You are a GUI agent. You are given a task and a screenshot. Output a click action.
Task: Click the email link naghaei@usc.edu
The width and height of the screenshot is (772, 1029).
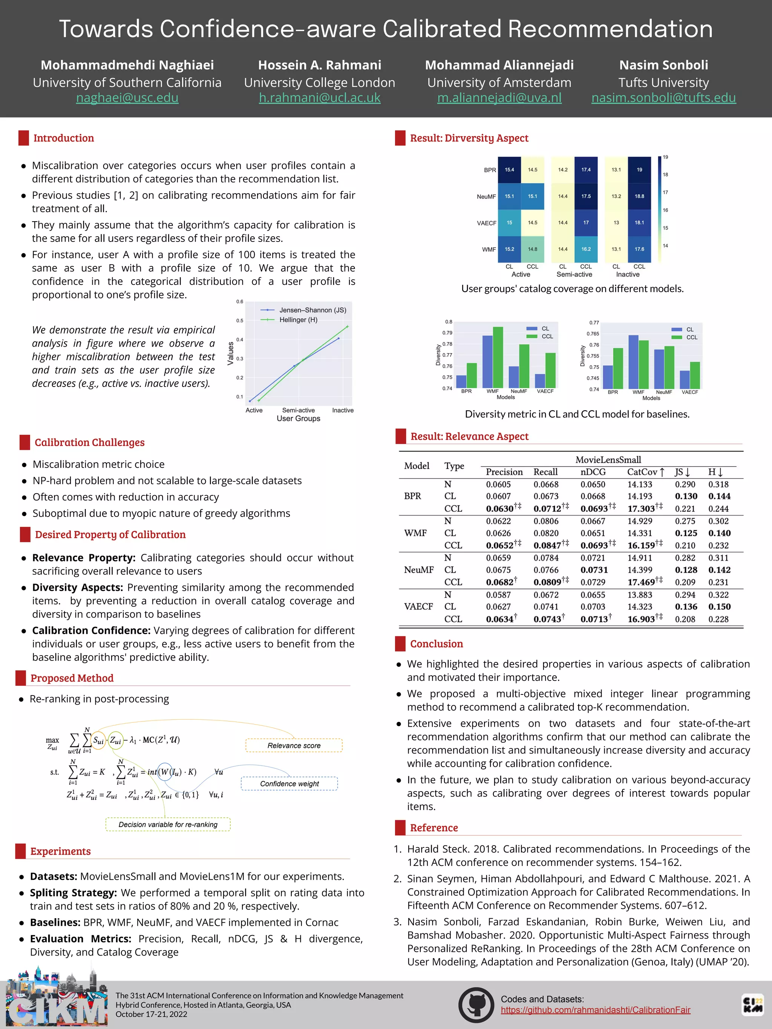click(127, 98)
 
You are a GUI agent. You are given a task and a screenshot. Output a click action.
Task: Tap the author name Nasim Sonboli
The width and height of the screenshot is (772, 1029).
click(663, 65)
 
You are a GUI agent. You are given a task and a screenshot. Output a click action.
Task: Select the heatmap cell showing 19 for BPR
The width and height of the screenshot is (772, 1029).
click(639, 170)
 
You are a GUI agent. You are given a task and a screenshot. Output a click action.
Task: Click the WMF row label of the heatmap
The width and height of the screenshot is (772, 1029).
click(489, 249)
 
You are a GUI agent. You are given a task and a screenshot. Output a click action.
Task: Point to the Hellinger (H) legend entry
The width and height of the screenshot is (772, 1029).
click(298, 320)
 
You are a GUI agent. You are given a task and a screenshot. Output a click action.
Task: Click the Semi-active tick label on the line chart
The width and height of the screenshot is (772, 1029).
click(298, 410)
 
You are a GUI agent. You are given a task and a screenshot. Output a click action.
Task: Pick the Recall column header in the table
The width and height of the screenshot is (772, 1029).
click(545, 472)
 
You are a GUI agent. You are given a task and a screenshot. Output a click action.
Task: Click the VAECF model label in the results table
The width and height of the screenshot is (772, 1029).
click(418, 606)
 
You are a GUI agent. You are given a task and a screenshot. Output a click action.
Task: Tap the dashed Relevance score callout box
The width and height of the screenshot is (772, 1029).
click(294, 745)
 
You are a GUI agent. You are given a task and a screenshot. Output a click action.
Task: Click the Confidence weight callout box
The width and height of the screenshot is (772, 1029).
click(289, 783)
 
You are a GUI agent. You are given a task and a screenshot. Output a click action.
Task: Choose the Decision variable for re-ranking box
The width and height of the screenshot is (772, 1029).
click(168, 824)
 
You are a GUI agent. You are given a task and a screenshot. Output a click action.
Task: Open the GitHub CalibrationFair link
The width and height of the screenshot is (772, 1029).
click(595, 1009)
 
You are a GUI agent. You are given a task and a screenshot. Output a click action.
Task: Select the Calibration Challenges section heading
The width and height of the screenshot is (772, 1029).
click(89, 442)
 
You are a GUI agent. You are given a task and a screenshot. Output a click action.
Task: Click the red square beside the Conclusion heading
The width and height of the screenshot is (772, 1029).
click(400, 644)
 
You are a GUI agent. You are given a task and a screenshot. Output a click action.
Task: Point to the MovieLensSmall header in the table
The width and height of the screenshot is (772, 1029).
click(608, 460)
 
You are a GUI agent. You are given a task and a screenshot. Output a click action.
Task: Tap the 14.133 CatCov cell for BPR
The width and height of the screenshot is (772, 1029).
click(639, 484)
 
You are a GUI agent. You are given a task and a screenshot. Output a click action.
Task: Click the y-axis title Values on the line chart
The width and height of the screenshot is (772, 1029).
click(230, 353)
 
